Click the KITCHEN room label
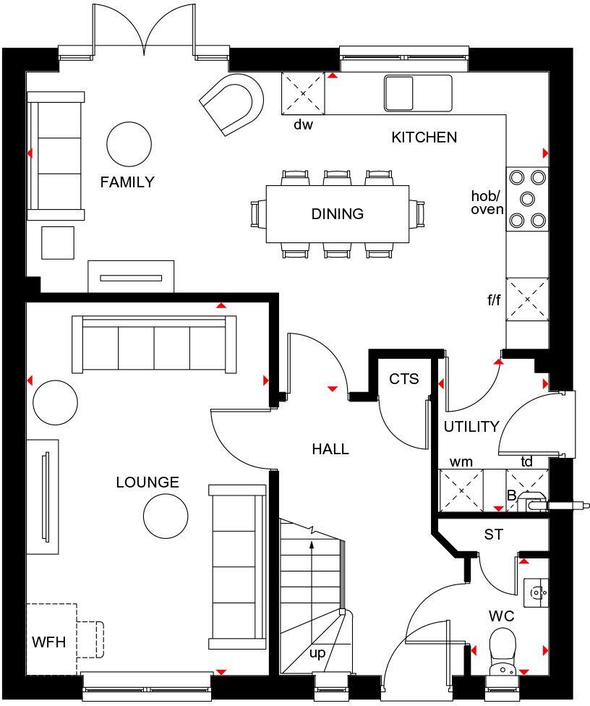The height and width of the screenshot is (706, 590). point(424,137)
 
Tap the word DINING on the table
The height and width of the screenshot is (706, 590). point(337,214)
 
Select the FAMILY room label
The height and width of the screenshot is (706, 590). point(127,182)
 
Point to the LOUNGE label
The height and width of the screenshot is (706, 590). point(147,482)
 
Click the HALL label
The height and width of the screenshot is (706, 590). point(330,449)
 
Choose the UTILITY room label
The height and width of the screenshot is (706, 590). point(471,426)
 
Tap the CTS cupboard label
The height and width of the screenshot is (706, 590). point(403,379)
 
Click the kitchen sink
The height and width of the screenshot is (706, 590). point(417,93)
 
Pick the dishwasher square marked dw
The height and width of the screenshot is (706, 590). point(303,93)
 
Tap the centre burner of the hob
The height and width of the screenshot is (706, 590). point(527,197)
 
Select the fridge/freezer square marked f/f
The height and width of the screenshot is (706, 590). point(527,299)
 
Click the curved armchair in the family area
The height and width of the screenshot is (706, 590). point(232,103)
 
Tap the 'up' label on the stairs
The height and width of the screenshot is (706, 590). point(317,653)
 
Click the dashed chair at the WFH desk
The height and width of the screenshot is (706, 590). point(90,639)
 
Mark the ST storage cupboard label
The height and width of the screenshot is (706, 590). point(494,535)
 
